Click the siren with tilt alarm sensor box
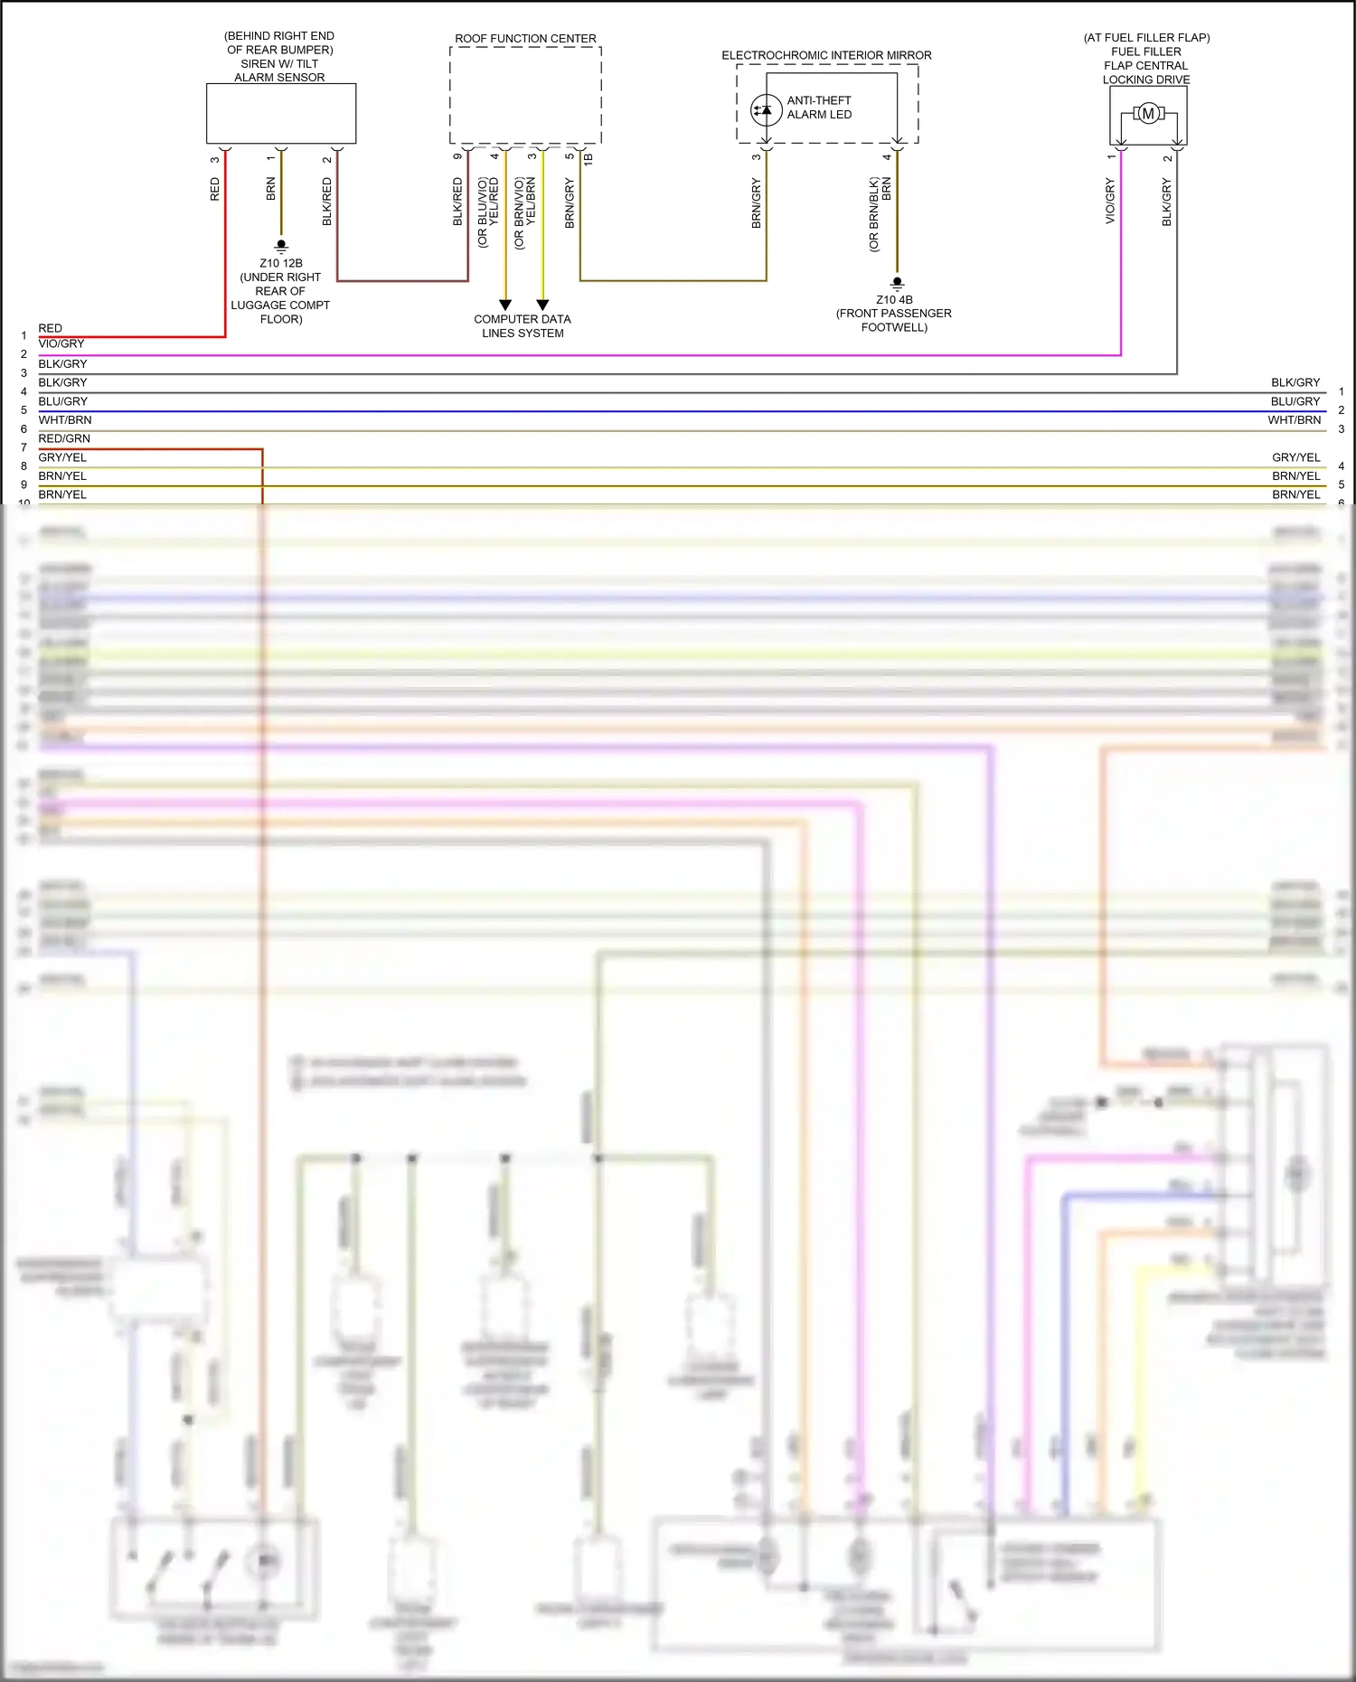(280, 113)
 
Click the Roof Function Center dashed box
(525, 95)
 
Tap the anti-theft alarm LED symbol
(766, 109)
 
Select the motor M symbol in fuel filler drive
(1148, 113)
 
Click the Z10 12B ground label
(280, 263)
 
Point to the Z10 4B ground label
(893, 299)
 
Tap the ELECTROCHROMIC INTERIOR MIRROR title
(826, 55)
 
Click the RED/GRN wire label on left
(64, 438)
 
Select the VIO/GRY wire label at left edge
(61, 343)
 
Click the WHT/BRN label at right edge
(1294, 419)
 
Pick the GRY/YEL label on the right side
(1295, 457)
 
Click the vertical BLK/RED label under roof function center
(457, 201)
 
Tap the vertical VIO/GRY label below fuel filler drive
(1110, 201)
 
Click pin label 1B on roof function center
(589, 158)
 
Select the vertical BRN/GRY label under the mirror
(756, 202)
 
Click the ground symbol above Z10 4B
(897, 282)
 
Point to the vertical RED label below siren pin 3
(214, 189)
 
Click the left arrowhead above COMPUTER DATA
(505, 305)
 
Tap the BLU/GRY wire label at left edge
(63, 401)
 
